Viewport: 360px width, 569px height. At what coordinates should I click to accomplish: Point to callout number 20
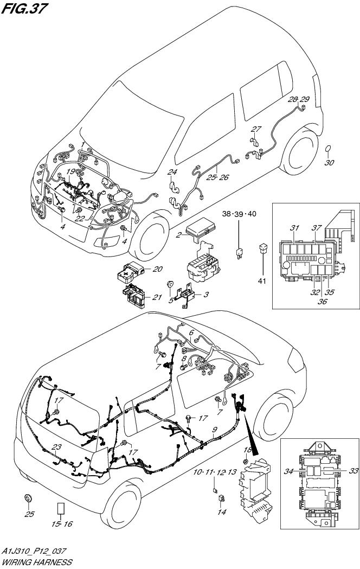(157, 268)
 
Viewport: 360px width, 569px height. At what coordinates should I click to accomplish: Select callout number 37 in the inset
(317, 227)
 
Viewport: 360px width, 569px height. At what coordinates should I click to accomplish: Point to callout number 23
(57, 447)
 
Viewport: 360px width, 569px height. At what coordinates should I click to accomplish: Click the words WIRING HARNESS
(36, 562)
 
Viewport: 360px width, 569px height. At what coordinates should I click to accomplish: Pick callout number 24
(172, 172)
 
